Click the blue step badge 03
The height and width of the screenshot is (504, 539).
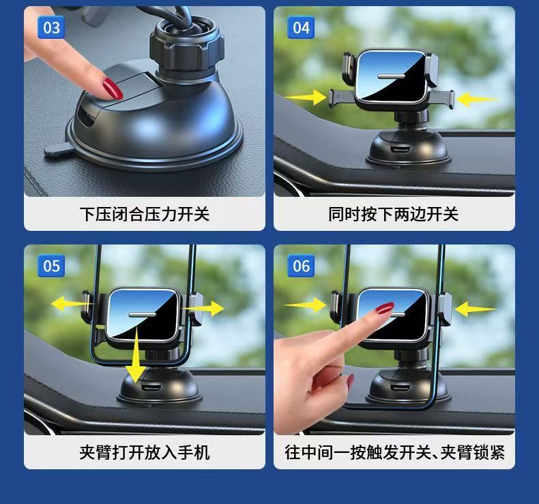pos(51,27)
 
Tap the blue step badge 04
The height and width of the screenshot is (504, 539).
pos(301,27)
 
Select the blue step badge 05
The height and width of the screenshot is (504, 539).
pos(51,266)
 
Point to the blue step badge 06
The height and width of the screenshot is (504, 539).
pos(301,266)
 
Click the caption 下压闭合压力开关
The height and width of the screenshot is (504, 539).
pos(145,214)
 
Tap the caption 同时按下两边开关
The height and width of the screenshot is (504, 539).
pos(394,214)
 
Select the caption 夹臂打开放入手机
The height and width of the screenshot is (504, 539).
pos(145,452)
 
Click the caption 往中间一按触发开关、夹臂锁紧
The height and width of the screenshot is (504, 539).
pos(394,452)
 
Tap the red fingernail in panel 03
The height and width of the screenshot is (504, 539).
pos(113,89)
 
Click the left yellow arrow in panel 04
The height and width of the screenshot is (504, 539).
pos(306,97)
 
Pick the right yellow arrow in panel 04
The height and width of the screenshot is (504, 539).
pos(477,99)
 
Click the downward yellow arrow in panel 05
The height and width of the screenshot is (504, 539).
pos(136,354)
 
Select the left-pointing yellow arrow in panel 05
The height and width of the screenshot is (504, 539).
pos(72,304)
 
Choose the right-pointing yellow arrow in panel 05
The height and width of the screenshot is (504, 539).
pos(203,308)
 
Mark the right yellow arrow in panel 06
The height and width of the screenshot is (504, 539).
pos(476,309)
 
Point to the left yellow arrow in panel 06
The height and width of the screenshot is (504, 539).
pos(306,304)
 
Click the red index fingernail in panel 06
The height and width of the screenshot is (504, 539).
pos(385,308)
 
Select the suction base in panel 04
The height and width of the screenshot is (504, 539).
pos(408,148)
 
